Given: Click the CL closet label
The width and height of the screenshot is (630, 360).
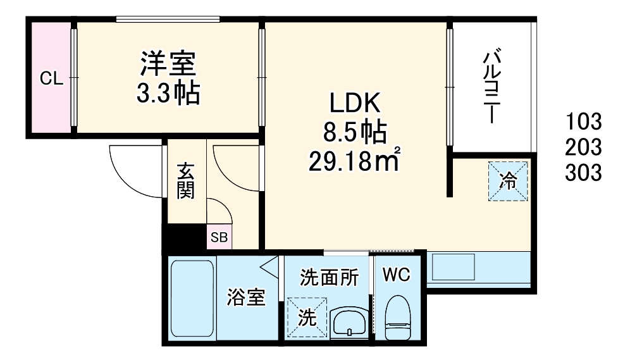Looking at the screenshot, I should click(51, 78).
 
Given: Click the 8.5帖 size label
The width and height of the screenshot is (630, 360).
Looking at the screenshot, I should click(354, 132).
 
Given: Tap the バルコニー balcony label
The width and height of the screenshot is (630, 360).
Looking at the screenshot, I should click(490, 87).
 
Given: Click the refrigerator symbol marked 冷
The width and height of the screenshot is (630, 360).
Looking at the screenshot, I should click(507, 181).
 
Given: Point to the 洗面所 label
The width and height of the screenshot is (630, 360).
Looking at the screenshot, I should click(329, 276).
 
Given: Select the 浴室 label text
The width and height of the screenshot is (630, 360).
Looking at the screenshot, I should click(246, 298).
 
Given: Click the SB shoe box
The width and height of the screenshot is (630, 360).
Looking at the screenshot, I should click(220, 238).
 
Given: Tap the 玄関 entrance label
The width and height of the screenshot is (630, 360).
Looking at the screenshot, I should click(185, 181).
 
